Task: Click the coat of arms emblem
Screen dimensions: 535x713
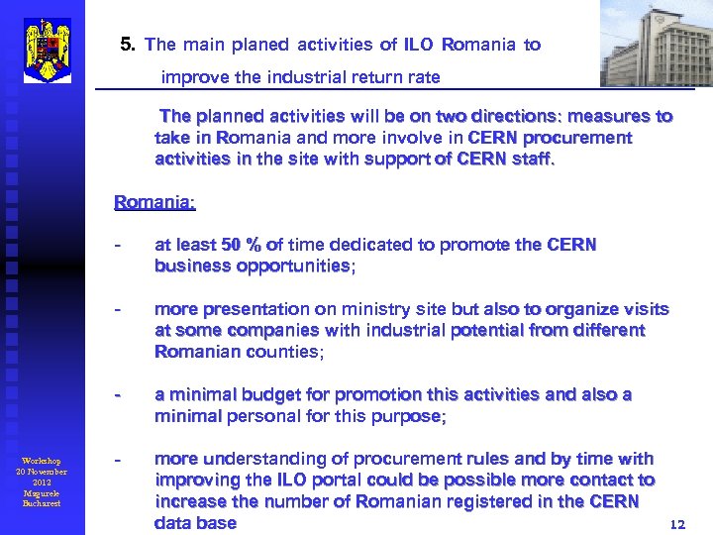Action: pos(47,50)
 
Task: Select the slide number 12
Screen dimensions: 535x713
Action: pos(677,524)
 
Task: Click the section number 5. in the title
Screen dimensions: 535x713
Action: pos(128,45)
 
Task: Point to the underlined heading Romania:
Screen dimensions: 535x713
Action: pos(154,202)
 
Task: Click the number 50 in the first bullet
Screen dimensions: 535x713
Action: pos(231,245)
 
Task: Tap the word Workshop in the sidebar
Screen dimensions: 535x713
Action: pos(42,461)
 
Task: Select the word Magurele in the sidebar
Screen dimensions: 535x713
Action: pos(42,492)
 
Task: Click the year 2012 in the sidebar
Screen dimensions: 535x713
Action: pos(42,482)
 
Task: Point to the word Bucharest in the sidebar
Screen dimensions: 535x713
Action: pos(42,503)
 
